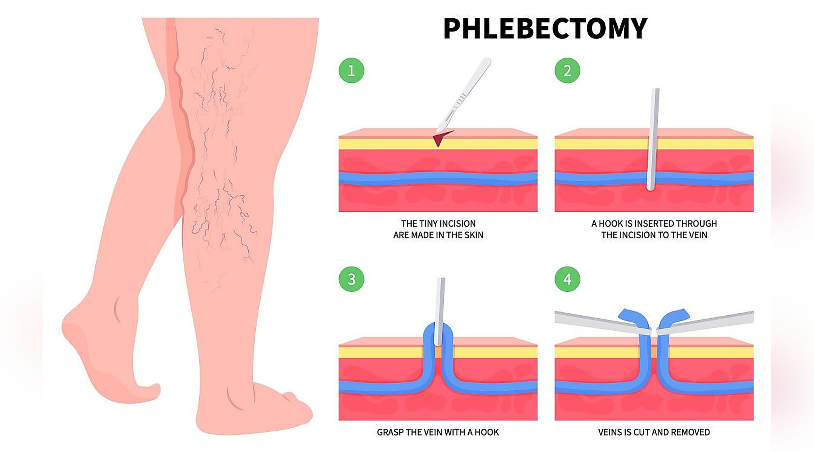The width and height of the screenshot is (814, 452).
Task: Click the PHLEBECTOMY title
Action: pyautogui.click(x=545, y=29)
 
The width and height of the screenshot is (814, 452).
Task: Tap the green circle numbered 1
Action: pyautogui.click(x=351, y=70)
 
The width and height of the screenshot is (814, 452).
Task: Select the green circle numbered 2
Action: pyautogui.click(x=567, y=70)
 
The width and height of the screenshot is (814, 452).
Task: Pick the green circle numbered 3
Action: pyautogui.click(x=351, y=279)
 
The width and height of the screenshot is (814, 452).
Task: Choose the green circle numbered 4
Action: pyautogui.click(x=567, y=279)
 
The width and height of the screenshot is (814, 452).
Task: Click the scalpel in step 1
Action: pyautogui.click(x=464, y=95)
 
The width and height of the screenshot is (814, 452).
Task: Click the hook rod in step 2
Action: pyautogui.click(x=653, y=140)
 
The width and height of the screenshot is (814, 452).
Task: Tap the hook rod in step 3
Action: pyautogui.click(x=440, y=312)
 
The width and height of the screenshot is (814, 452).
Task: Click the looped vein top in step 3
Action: pyautogui.click(x=438, y=328)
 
